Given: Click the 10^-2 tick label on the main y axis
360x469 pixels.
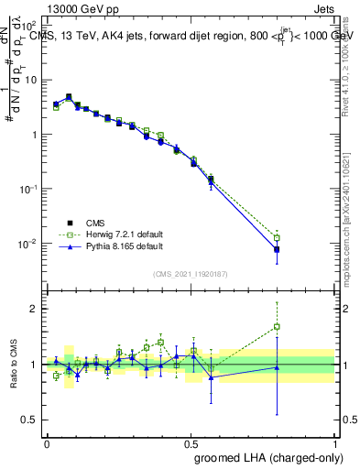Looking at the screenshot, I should pyautogui.click(x=27, y=244).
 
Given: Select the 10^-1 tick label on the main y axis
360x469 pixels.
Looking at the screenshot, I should pyautogui.click(x=27, y=189).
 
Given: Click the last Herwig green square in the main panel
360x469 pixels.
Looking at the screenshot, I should pyautogui.click(x=277, y=238).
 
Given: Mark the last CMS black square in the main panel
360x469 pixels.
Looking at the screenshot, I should pyautogui.click(x=277, y=249).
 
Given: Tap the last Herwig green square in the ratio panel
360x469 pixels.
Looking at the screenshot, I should pyautogui.click(x=277, y=326).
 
